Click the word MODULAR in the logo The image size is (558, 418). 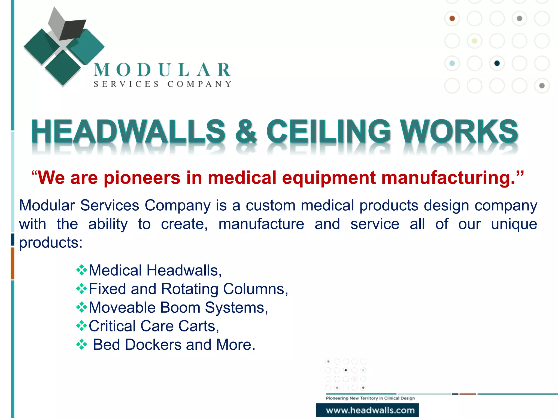(162, 70)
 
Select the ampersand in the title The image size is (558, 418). (246, 132)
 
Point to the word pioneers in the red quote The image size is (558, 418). (142, 178)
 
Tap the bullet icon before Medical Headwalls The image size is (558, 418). (81, 270)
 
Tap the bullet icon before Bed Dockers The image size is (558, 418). (81, 345)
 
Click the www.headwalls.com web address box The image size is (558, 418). (368, 410)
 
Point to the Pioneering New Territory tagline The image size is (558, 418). (370, 398)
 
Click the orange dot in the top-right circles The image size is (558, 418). (452, 19)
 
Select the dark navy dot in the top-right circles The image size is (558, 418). (497, 63)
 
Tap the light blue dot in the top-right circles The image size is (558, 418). (452, 63)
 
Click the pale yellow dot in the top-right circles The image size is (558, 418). (475, 41)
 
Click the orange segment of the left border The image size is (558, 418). (13, 263)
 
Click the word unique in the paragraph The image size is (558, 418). (514, 224)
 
